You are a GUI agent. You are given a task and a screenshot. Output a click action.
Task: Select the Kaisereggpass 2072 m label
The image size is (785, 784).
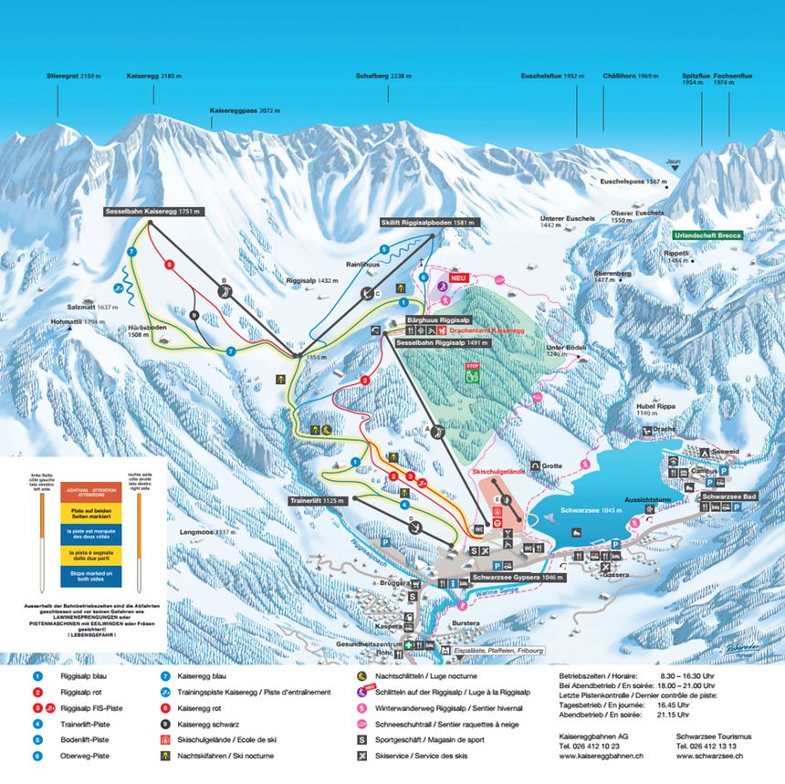245,110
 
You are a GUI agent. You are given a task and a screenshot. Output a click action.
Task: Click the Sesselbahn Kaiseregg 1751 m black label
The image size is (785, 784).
152,211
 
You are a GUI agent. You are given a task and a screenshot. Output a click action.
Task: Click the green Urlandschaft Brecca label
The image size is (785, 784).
708,235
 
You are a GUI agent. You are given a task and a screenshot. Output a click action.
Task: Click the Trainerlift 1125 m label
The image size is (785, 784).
317,501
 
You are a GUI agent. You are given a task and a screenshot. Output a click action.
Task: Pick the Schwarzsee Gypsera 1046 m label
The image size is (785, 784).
518,578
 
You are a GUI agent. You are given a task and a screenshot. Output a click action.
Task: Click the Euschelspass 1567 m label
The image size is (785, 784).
633,182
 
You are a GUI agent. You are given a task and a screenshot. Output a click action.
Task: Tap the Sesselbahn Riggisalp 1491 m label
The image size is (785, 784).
442,343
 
